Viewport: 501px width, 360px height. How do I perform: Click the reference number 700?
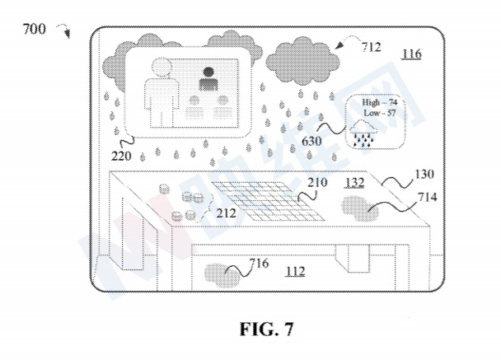coord(34,29)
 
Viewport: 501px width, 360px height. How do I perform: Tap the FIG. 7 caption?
coord(266,329)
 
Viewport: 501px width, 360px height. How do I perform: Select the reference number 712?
coord(372,47)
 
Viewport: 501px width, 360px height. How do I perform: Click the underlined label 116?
coord(411,54)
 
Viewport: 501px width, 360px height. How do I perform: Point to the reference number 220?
coord(121,156)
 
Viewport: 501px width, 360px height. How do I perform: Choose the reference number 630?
coord(311,141)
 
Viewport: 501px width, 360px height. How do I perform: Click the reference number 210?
coord(317,182)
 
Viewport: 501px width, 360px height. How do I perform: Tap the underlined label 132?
coord(355,183)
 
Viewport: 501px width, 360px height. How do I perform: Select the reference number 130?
coord(424,174)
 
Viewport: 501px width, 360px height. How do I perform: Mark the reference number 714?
coord(428,198)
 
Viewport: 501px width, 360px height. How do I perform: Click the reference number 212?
coord(227,213)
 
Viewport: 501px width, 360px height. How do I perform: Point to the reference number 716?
coord(259,264)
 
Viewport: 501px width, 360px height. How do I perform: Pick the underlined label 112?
coord(295,272)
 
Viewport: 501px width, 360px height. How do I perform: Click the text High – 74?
coord(379,102)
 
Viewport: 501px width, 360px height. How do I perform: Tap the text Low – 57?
coord(380,113)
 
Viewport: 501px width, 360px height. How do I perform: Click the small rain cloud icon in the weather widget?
coord(363,133)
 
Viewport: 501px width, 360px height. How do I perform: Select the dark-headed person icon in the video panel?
coord(208,78)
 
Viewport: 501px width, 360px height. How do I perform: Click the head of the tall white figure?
coord(162,68)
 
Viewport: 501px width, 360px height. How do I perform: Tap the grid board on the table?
coord(268,201)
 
